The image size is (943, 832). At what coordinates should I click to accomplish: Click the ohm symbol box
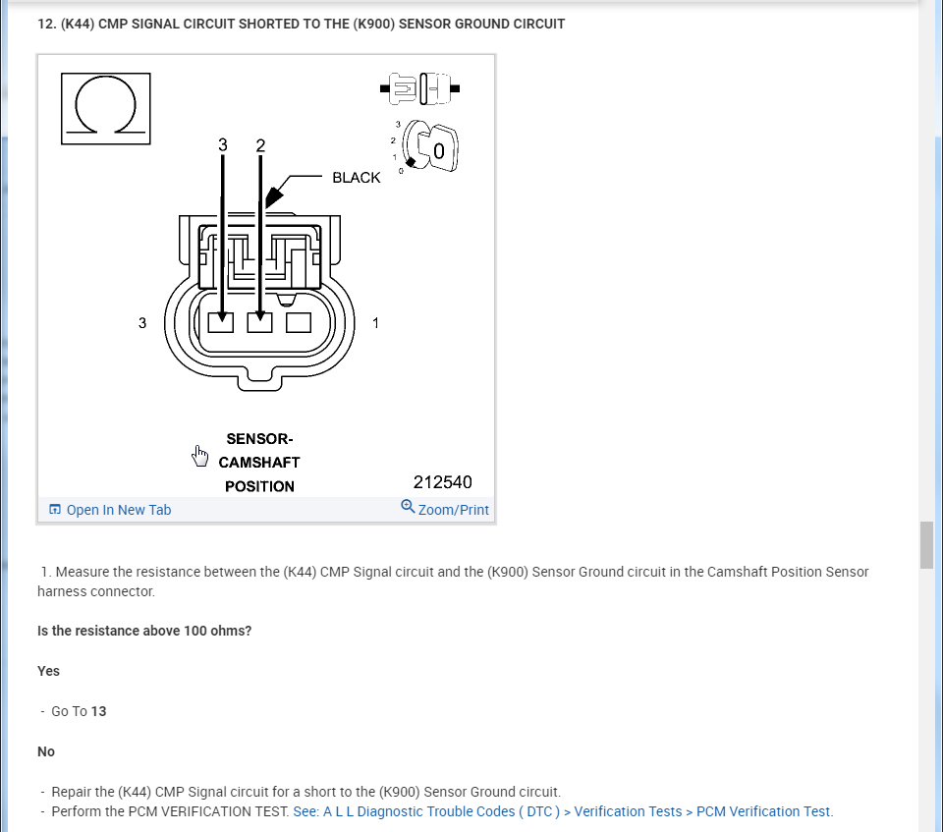click(x=106, y=108)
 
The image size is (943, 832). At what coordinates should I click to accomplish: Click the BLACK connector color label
click(x=356, y=178)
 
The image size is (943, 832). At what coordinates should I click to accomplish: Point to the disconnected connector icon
click(x=420, y=89)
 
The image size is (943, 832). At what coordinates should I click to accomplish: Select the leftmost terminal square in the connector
click(x=222, y=321)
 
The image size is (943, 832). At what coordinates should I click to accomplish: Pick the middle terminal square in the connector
click(x=260, y=321)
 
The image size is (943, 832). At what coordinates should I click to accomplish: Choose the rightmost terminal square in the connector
click(x=299, y=321)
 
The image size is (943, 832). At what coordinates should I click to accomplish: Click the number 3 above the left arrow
click(x=223, y=145)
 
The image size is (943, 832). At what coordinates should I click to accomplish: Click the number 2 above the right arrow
click(x=260, y=145)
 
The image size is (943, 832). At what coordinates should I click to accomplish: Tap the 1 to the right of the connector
click(x=375, y=322)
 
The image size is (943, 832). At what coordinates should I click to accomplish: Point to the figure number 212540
click(x=442, y=482)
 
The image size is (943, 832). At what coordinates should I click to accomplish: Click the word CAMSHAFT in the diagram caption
click(x=259, y=462)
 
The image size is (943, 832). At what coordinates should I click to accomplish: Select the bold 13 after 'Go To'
click(x=98, y=711)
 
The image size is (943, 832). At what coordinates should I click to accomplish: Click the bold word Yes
click(x=48, y=671)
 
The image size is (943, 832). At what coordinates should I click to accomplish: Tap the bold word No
click(x=46, y=751)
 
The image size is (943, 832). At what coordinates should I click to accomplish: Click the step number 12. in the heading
click(x=45, y=24)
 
